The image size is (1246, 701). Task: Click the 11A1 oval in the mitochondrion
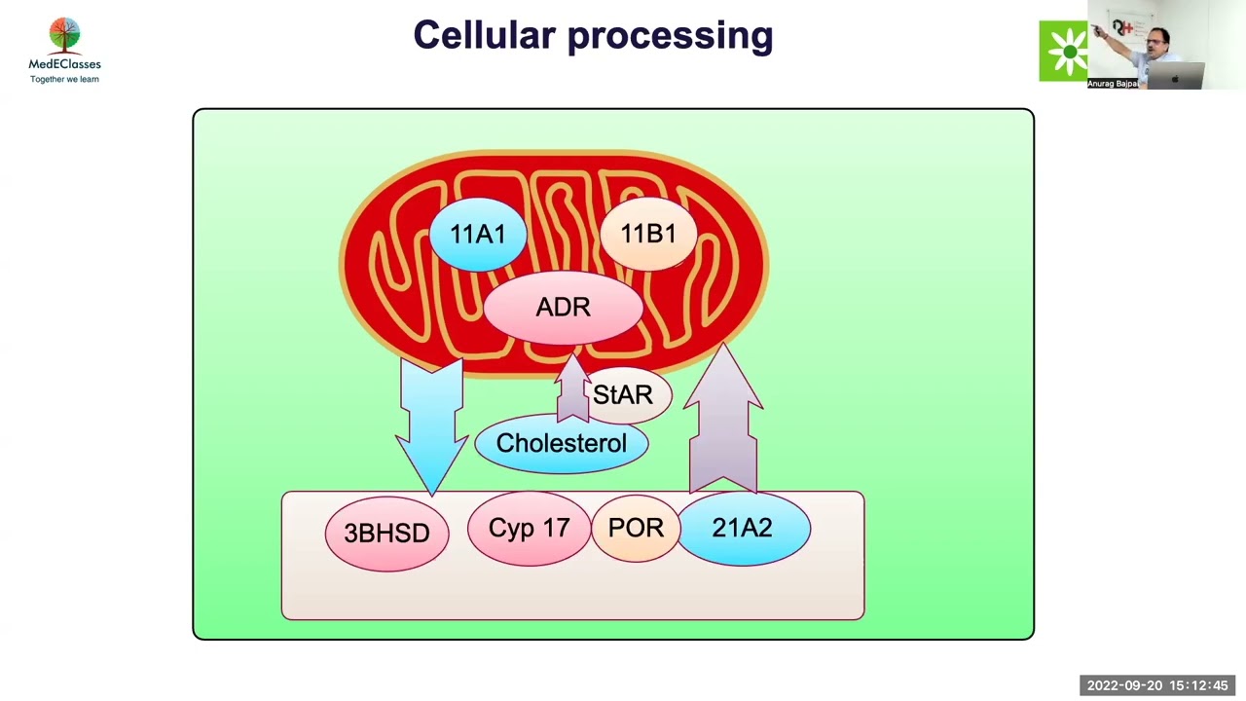click(x=477, y=235)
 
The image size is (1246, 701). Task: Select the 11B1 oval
click(x=647, y=235)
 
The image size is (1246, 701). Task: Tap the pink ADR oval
click(x=563, y=308)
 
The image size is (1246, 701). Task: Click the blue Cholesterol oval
click(x=561, y=444)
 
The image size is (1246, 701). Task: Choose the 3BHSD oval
click(x=386, y=534)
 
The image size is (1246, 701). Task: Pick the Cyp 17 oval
click(x=529, y=529)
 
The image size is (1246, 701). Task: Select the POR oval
click(x=635, y=529)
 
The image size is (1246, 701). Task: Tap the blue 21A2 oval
click(x=743, y=529)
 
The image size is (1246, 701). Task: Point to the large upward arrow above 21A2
click(x=723, y=419)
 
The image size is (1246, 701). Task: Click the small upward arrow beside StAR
click(x=572, y=389)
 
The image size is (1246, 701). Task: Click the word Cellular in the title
click(x=484, y=36)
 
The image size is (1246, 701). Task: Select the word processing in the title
click(x=670, y=37)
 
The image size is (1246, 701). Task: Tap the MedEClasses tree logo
click(x=64, y=36)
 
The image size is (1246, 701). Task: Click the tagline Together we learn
click(x=64, y=79)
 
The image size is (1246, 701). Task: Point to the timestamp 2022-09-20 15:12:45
click(x=1156, y=685)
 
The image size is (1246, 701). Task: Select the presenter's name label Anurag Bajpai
click(x=1112, y=84)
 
